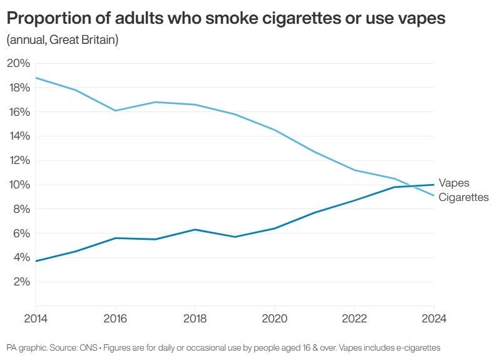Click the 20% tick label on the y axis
[18, 63]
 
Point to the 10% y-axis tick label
[18, 185]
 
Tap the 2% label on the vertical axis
[20, 282]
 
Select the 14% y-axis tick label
[18, 136]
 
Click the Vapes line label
[454, 183]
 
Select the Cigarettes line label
[463, 197]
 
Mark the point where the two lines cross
[409, 186]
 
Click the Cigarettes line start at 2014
[36, 78]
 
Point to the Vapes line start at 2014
[36, 261]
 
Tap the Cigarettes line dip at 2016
[115, 111]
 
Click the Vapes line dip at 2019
[234, 237]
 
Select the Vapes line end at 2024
[433, 185]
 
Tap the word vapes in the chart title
[420, 19]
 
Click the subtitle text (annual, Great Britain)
[62, 41]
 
